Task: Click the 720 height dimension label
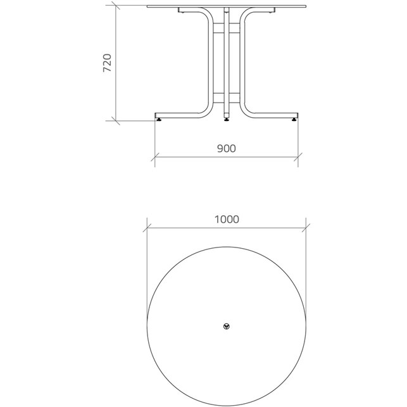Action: [107, 63]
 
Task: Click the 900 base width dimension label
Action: [227, 149]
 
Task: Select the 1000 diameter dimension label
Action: [227, 220]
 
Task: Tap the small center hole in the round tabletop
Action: [227, 326]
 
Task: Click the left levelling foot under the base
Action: [158, 120]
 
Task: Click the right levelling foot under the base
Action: [294, 120]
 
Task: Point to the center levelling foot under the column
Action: [227, 120]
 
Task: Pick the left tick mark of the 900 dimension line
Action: [154, 157]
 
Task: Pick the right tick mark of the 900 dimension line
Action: [298, 157]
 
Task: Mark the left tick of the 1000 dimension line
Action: [147, 228]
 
